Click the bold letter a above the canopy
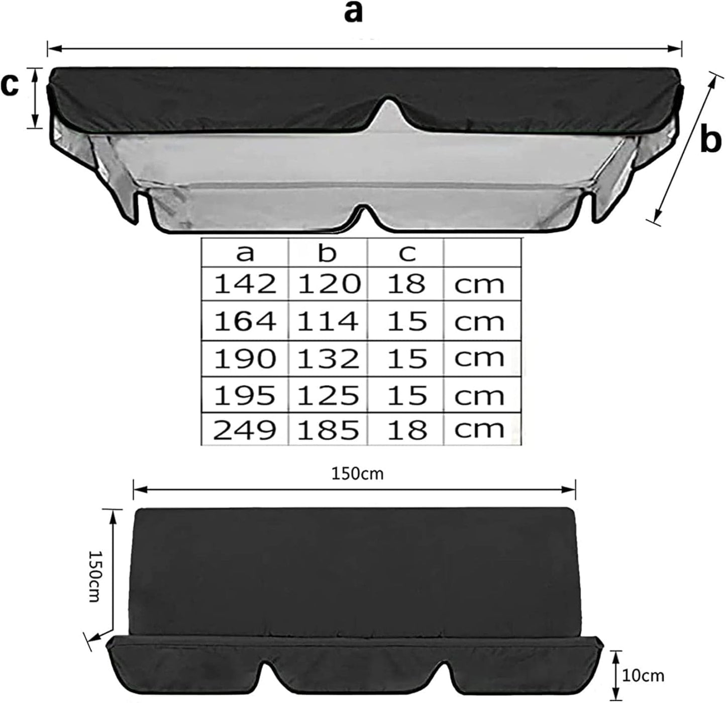coord(353,12)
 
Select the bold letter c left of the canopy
coord(10,85)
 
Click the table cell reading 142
coord(245,284)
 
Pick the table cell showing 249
coord(245,430)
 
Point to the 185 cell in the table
coord(328,430)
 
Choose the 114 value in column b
coord(328,322)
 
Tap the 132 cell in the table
coord(328,359)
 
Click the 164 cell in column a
coord(245,322)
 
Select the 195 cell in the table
coord(245,395)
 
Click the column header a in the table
coord(245,253)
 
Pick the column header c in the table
coord(407,253)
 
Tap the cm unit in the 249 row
coord(479,430)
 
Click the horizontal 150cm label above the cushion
coord(357,473)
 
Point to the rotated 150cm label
coord(94,575)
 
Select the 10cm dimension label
coord(643,675)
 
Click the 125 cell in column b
coord(328,395)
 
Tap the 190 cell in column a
coord(245,359)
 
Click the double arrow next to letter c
coord(35,98)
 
